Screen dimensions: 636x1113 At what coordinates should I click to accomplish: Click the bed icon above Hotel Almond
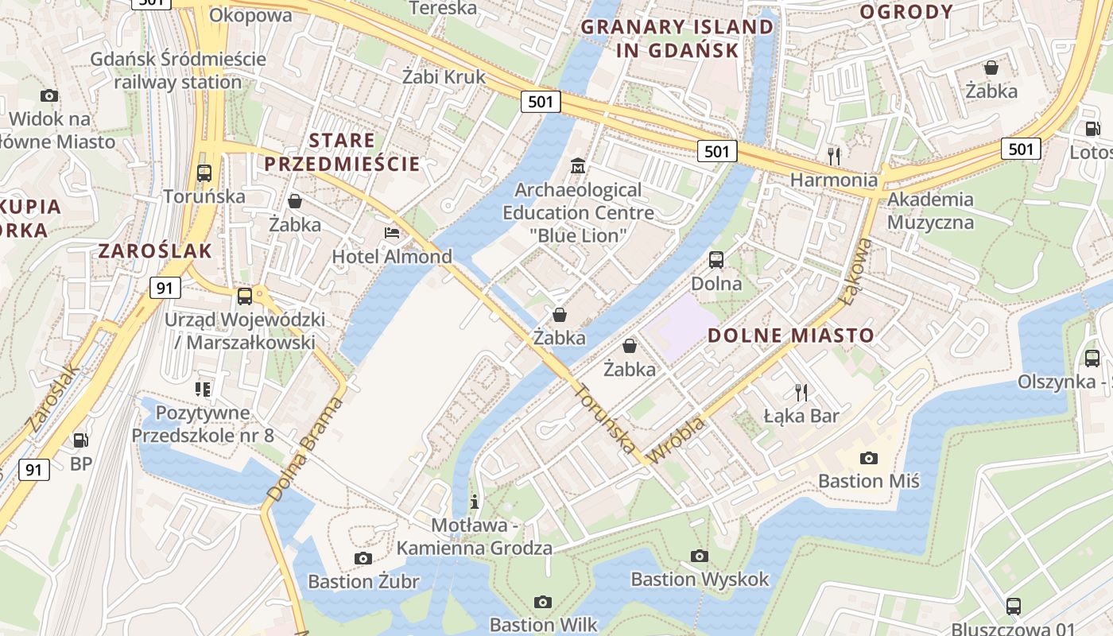point(392,232)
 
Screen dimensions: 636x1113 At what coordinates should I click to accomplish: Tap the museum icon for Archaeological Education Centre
point(578,166)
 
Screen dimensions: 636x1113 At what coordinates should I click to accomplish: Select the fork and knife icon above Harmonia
point(833,155)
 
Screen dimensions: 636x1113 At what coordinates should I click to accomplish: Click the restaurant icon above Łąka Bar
point(801,391)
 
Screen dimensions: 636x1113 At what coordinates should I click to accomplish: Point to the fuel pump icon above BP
point(80,440)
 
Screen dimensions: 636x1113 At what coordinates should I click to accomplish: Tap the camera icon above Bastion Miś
point(869,458)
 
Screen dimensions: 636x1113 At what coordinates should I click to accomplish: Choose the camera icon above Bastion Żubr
point(363,558)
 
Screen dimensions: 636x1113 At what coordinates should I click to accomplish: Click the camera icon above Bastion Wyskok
point(700,556)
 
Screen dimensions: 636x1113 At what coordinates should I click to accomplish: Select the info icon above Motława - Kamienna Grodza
point(475,502)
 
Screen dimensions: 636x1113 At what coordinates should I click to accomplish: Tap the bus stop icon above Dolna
point(716,259)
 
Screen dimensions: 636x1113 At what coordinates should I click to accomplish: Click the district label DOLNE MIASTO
point(791,335)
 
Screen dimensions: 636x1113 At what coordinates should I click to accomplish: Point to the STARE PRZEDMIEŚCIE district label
point(342,153)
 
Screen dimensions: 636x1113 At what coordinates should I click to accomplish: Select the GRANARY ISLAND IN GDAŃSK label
point(677,39)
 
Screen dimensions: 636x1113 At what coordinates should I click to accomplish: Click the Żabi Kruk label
point(444,77)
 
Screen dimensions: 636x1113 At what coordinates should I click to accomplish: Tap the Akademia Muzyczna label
point(930,211)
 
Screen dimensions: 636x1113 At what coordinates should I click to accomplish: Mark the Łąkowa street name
point(857,270)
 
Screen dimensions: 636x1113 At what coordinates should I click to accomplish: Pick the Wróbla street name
point(677,441)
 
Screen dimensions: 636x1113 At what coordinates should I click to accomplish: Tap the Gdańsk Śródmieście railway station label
point(177,70)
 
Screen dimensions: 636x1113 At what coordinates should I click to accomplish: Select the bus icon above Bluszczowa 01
point(1014,606)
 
